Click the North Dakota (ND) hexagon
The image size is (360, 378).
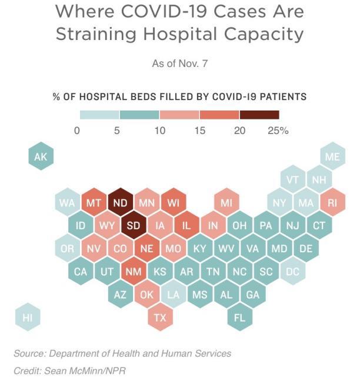[x=120, y=203]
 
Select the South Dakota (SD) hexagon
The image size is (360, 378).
[x=134, y=226]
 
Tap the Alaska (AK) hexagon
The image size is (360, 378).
[x=41, y=157]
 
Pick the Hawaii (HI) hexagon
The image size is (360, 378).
[x=27, y=317]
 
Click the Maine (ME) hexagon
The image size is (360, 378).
[x=332, y=157]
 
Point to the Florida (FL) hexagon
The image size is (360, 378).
[x=239, y=317]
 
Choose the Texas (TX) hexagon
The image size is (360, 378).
[x=160, y=317]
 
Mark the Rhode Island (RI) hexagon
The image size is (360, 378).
[x=332, y=203]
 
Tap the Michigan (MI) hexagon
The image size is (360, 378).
[x=226, y=203]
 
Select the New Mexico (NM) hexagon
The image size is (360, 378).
[x=134, y=272]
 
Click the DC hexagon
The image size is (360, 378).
[x=292, y=272]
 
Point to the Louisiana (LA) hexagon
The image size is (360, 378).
[x=173, y=295]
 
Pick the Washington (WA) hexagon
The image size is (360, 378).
[x=67, y=203]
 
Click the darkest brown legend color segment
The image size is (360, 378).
[x=259, y=115]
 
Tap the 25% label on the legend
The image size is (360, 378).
[x=278, y=131]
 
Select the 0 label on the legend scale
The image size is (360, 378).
[x=76, y=131]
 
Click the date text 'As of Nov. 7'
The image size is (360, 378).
[x=179, y=63]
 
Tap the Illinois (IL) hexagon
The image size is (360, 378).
[x=186, y=226]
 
